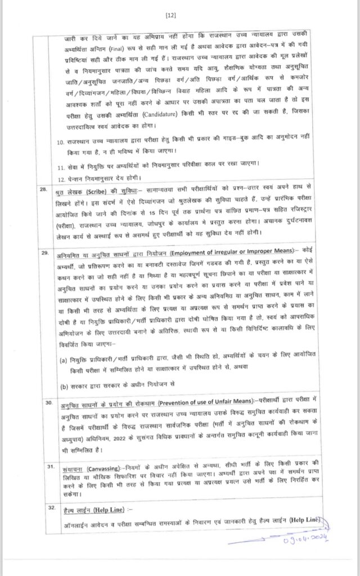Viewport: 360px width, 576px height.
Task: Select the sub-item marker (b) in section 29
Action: pyautogui.click(x=63, y=386)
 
